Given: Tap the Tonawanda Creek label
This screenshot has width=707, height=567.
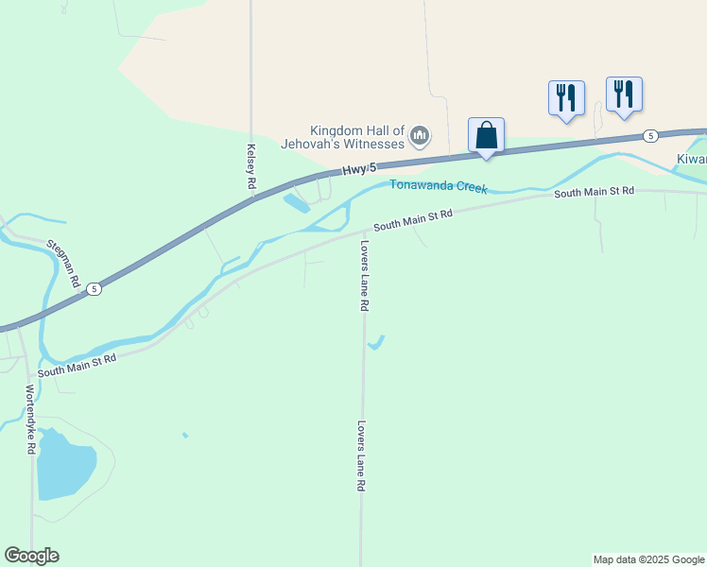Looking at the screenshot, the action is [439, 186].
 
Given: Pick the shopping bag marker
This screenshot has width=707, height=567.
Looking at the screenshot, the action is [486, 135].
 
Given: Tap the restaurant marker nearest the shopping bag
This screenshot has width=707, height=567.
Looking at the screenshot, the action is [566, 97].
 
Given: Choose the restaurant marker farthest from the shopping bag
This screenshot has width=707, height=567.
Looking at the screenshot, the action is [624, 94].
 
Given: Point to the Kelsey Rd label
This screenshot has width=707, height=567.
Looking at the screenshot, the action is [251, 167].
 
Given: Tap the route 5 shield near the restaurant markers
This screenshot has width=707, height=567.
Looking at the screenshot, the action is [650, 136].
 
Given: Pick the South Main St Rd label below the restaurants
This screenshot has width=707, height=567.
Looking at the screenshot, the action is [594, 192].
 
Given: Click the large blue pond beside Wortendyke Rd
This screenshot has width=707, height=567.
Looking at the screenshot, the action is [63, 464].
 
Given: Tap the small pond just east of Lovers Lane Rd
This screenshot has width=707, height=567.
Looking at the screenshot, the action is [377, 342].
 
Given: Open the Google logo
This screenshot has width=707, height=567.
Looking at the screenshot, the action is [31, 556].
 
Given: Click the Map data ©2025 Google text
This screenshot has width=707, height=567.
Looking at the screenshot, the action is [648, 559].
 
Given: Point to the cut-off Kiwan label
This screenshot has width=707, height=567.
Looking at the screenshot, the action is [691, 159].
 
